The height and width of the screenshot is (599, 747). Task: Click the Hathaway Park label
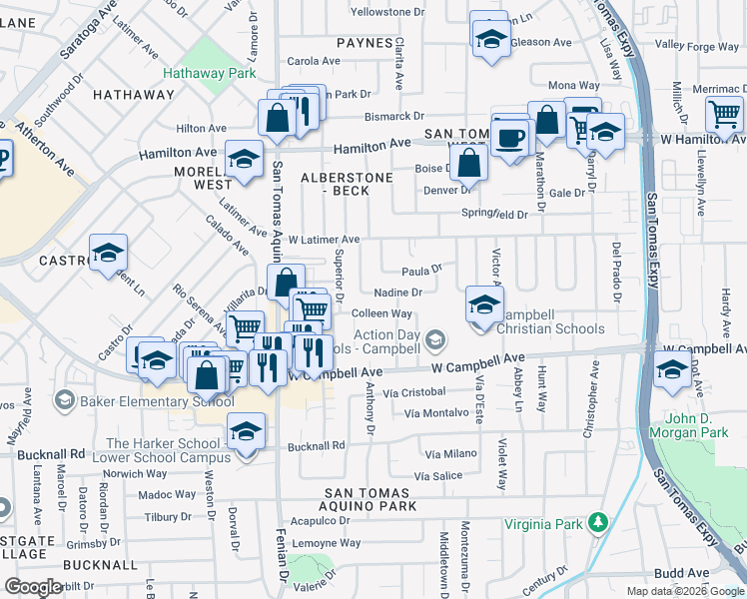click(x=210, y=73)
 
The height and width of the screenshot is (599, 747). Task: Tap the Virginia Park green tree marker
click(x=597, y=521)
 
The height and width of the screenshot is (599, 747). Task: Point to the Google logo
click(x=33, y=587)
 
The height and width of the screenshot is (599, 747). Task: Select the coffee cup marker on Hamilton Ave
click(x=512, y=137)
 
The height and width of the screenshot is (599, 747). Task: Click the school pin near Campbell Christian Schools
click(x=484, y=303)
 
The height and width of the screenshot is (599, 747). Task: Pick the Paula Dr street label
click(x=421, y=270)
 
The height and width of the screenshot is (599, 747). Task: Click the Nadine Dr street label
click(x=398, y=293)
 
